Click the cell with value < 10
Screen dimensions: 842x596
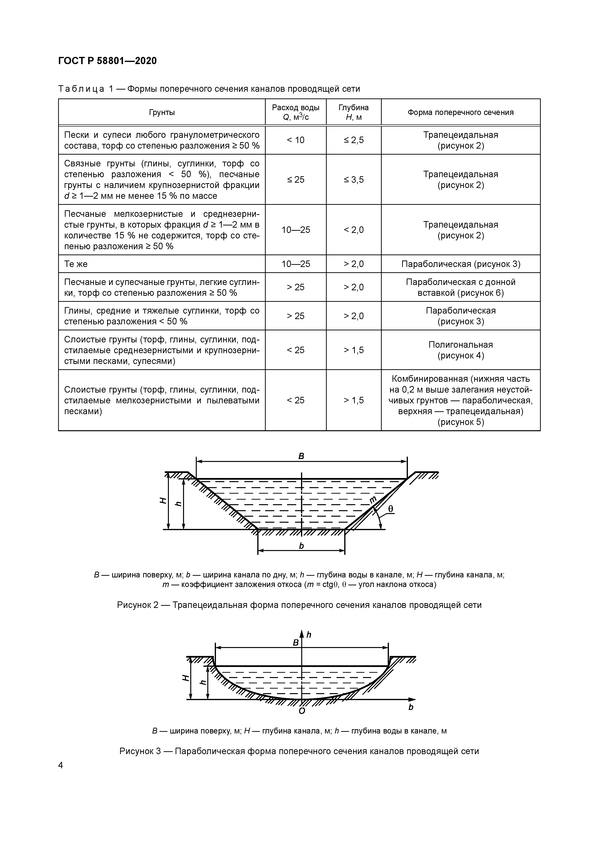point(295,140)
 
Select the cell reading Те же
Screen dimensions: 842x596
point(76,264)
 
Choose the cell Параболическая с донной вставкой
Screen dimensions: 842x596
point(461,287)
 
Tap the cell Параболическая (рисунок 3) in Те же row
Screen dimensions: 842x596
point(461,264)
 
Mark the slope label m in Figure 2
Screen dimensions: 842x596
point(373,499)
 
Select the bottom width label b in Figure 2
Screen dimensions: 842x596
point(301,546)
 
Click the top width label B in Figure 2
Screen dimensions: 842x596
point(301,456)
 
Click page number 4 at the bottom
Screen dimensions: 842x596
point(61,765)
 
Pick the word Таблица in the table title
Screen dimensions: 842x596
point(81,89)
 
